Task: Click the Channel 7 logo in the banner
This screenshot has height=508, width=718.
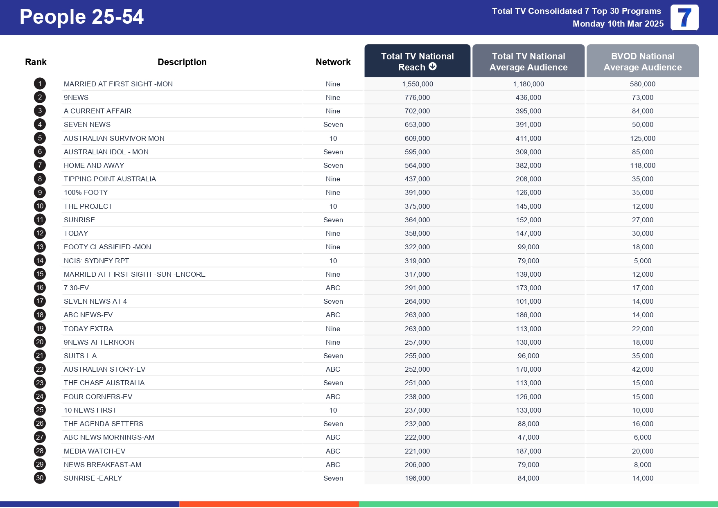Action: click(x=684, y=18)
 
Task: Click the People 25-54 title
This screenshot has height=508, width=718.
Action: click(x=81, y=17)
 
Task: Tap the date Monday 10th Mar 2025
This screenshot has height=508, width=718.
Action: click(x=618, y=24)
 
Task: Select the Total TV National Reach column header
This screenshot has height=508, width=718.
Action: click(x=417, y=61)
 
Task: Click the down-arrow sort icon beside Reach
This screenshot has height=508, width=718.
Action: click(x=433, y=67)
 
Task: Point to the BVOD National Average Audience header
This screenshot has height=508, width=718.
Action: click(x=642, y=61)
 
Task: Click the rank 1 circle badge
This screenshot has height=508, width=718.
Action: click(x=40, y=84)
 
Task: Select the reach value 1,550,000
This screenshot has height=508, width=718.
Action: click(x=417, y=84)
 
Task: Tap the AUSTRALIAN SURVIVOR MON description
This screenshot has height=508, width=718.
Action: click(x=114, y=138)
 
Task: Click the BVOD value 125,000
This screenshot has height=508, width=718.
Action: click(x=642, y=138)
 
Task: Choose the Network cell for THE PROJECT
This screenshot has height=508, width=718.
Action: click(x=333, y=206)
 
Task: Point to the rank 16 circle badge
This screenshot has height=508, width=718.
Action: click(x=40, y=288)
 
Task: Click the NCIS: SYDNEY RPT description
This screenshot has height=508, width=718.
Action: click(x=96, y=261)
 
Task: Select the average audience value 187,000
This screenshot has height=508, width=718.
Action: click(x=528, y=451)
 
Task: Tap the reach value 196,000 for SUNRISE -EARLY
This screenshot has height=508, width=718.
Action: click(x=417, y=478)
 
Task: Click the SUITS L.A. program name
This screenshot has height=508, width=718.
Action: click(x=81, y=356)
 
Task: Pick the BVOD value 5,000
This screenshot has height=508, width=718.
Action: click(x=642, y=261)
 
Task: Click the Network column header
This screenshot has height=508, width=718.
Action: click(x=333, y=62)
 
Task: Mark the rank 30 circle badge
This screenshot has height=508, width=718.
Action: click(x=40, y=478)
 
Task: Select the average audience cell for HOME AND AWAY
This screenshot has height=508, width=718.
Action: click(x=528, y=165)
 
